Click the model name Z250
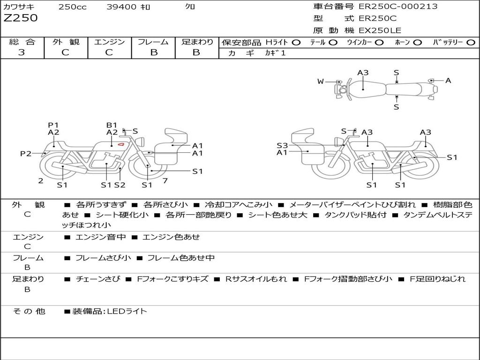21,18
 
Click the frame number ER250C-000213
398,7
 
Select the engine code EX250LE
380,31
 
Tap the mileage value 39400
121,7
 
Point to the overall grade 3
22,52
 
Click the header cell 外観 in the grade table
66,42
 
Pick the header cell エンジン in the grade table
109,42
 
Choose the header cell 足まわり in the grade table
197,42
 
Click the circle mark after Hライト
296,42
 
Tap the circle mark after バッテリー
471,42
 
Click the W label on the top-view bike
321,82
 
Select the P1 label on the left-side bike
53,125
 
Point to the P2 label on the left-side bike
26,153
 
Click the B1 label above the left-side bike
112,125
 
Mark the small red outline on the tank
121,144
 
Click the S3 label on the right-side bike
282,145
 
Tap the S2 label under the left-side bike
120,185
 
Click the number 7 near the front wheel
165,180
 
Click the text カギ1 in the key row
275,53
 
